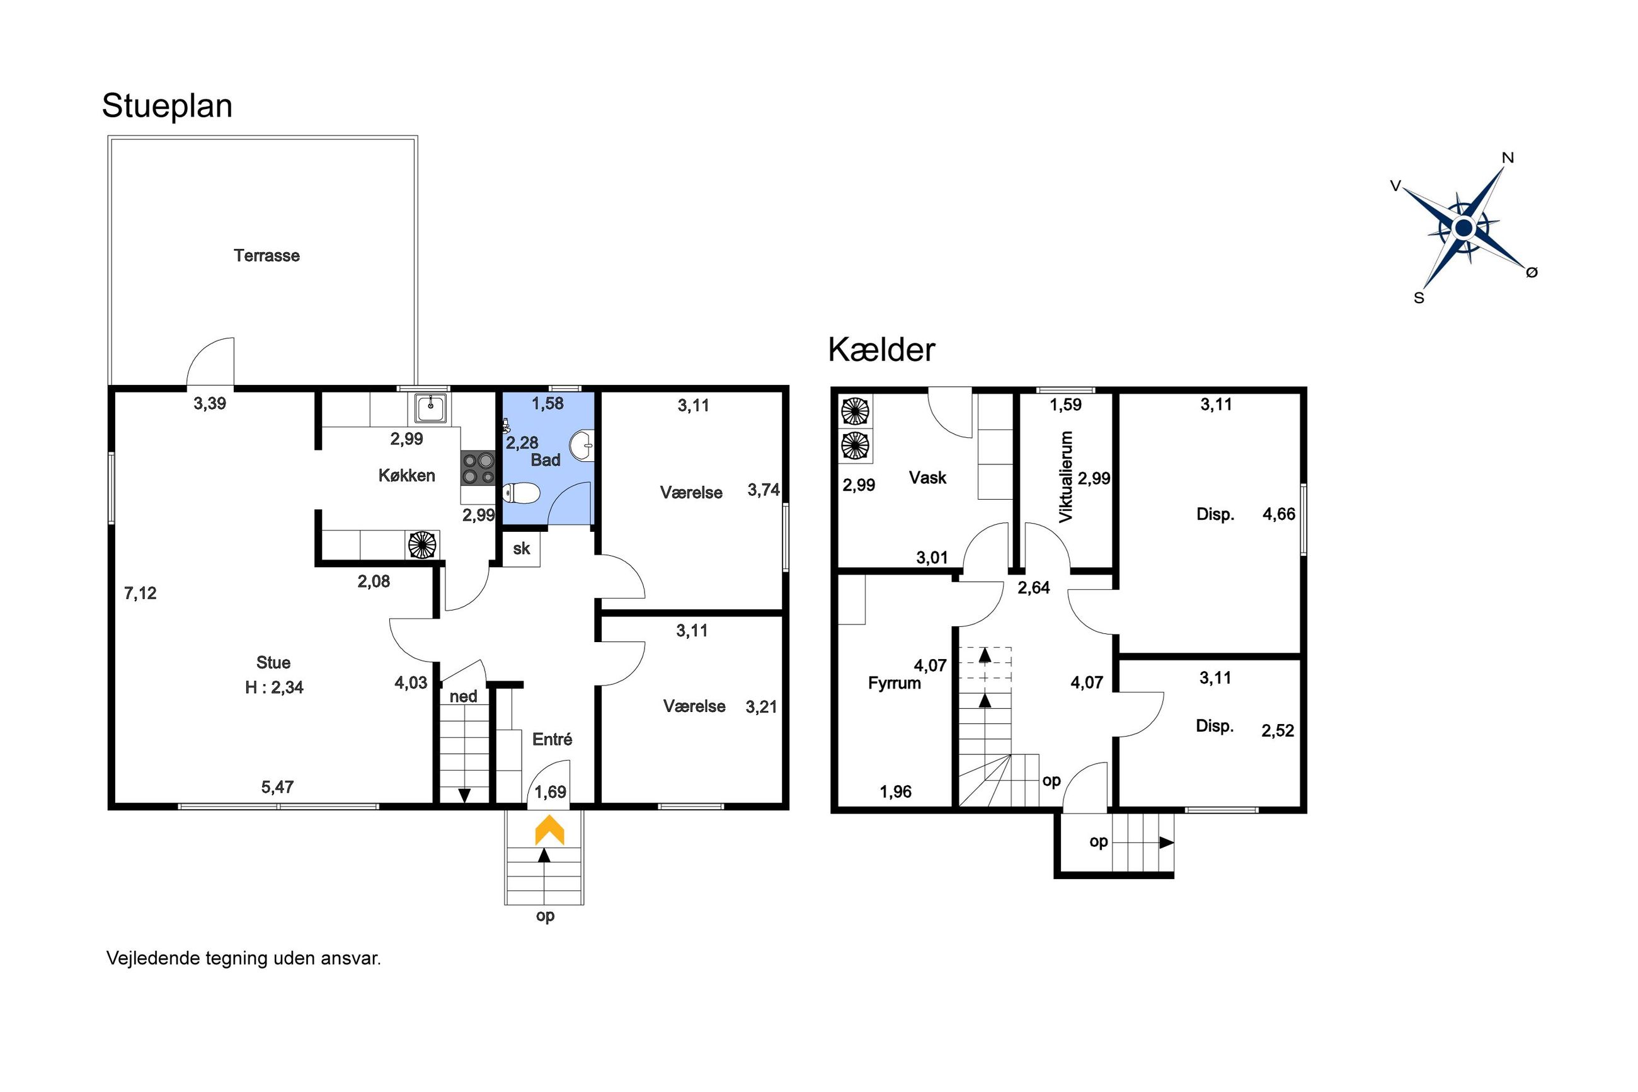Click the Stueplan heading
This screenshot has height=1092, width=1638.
167,106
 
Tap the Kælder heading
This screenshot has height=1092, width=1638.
881,350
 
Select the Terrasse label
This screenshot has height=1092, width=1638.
266,256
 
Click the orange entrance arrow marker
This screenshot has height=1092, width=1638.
549,829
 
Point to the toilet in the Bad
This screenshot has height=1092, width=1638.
522,494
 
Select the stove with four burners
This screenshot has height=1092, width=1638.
477,468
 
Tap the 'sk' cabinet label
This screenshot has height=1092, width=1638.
522,549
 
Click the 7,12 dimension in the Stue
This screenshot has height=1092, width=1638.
140,594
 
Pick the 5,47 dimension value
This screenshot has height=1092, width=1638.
277,787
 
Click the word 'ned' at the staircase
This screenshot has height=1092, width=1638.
463,696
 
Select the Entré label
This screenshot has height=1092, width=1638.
552,739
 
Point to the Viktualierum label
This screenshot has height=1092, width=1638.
1066,476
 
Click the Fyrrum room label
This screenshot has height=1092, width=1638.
894,683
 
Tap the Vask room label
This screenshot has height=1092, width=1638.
927,478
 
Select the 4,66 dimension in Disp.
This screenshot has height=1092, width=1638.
1279,514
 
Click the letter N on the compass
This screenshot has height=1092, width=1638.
1508,158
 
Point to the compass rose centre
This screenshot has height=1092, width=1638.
1464,227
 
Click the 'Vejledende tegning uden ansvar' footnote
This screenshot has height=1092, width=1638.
244,958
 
